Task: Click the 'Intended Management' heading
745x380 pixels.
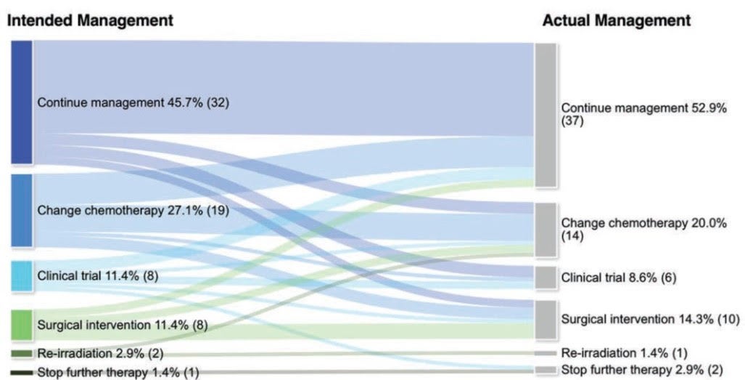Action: pos(91,21)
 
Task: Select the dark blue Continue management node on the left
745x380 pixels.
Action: pos(22,102)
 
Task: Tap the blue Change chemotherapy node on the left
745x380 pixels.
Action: pos(22,210)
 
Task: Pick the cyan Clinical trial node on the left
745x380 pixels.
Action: pos(22,276)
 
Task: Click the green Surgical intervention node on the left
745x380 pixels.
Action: pos(22,325)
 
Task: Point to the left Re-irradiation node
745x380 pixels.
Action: pos(22,354)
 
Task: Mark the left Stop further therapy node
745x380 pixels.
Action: pos(22,373)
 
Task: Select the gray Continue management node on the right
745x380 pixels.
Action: pos(546,115)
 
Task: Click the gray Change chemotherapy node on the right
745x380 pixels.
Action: pos(546,230)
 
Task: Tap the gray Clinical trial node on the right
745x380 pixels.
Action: pos(546,278)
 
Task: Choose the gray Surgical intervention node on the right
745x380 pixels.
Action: pos(546,320)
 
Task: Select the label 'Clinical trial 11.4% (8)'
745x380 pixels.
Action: pos(98,276)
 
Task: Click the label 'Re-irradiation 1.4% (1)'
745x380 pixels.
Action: pos(623,353)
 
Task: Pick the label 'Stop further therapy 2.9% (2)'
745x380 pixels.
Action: pos(642,369)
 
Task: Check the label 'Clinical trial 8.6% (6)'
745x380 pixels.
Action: pos(619,278)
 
